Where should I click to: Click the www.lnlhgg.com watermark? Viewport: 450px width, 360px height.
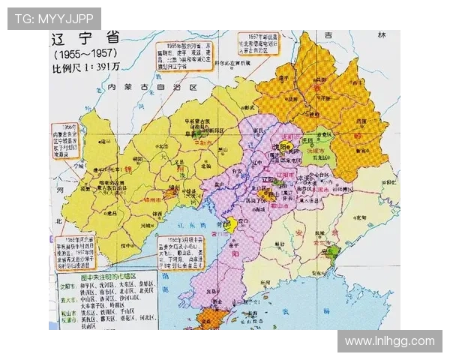coord(389,341)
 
